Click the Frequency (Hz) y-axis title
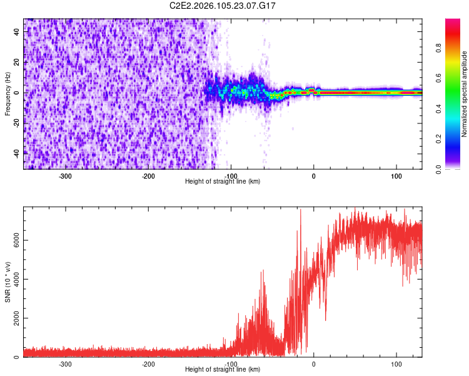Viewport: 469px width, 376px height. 8,94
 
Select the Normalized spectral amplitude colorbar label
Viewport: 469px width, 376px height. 465,94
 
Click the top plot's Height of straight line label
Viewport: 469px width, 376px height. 223,181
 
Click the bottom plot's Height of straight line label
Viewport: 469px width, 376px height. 223,369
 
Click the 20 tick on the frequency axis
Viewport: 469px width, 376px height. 16,63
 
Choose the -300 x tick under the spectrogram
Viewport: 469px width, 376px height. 66,176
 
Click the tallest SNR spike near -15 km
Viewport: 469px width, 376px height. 301,211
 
